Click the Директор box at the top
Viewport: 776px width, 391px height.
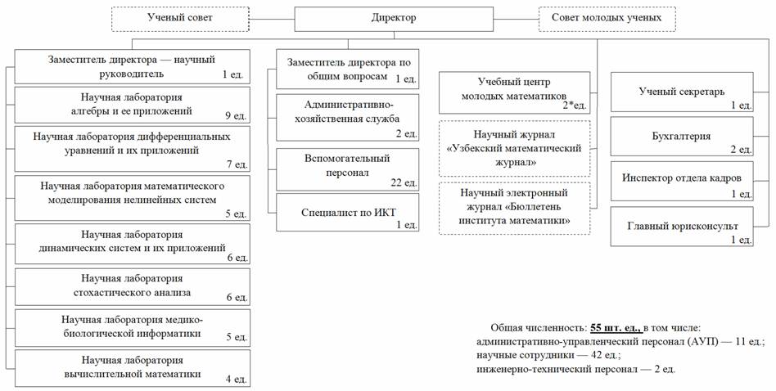click(394, 19)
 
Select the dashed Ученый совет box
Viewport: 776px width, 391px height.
click(180, 19)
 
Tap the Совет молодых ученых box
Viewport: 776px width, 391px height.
click(607, 19)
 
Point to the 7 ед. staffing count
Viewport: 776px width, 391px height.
click(237, 164)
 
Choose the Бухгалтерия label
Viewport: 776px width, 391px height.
click(682, 136)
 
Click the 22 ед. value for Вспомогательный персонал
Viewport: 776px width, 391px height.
click(404, 183)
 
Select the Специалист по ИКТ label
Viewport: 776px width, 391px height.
click(349, 213)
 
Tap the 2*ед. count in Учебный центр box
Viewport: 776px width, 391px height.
click(574, 106)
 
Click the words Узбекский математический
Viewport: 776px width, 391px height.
click(514, 148)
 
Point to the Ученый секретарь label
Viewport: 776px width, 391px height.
click(682, 92)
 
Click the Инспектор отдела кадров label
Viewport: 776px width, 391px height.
click(682, 178)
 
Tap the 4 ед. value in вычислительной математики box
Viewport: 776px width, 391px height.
click(236, 380)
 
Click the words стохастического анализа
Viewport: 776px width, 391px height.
click(132, 292)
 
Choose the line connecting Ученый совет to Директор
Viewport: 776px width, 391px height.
click(272, 19)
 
